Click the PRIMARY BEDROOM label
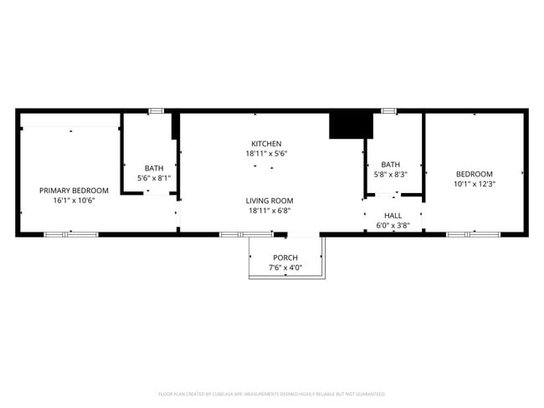(x=74, y=191)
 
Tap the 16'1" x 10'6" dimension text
(x=74, y=201)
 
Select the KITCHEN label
(x=266, y=144)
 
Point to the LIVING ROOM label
(x=269, y=201)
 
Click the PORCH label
(x=285, y=258)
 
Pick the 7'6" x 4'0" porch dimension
(x=285, y=268)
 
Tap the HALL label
(x=393, y=215)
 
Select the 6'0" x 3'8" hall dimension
(x=393, y=225)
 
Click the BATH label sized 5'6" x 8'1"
(x=154, y=168)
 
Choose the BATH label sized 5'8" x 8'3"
(x=391, y=165)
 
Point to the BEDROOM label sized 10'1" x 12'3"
(x=475, y=174)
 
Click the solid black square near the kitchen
(x=350, y=125)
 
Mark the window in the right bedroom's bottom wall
(x=473, y=235)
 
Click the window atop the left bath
(x=156, y=110)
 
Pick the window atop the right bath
(x=388, y=110)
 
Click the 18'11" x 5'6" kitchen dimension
(x=266, y=154)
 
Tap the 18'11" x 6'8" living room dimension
(x=269, y=211)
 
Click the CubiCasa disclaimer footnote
(x=271, y=394)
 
